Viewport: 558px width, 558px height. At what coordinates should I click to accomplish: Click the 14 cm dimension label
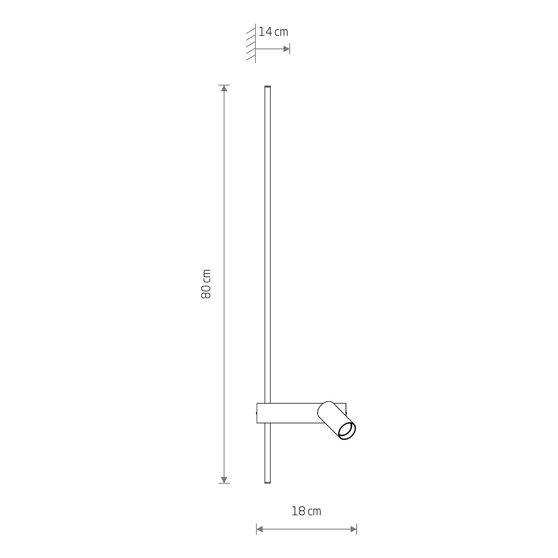(273, 32)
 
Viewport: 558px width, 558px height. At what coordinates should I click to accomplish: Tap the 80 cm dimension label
(206, 284)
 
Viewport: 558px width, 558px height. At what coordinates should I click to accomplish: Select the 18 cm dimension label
(306, 511)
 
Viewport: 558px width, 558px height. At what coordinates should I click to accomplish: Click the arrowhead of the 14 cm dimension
(286, 49)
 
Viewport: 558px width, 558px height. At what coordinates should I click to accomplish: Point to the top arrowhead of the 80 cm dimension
(224, 88)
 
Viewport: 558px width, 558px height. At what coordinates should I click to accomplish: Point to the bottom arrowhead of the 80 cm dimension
(224, 479)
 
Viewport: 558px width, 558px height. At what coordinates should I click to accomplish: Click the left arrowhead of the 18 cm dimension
(260, 529)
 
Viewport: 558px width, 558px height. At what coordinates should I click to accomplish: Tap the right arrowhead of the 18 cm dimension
(353, 529)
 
